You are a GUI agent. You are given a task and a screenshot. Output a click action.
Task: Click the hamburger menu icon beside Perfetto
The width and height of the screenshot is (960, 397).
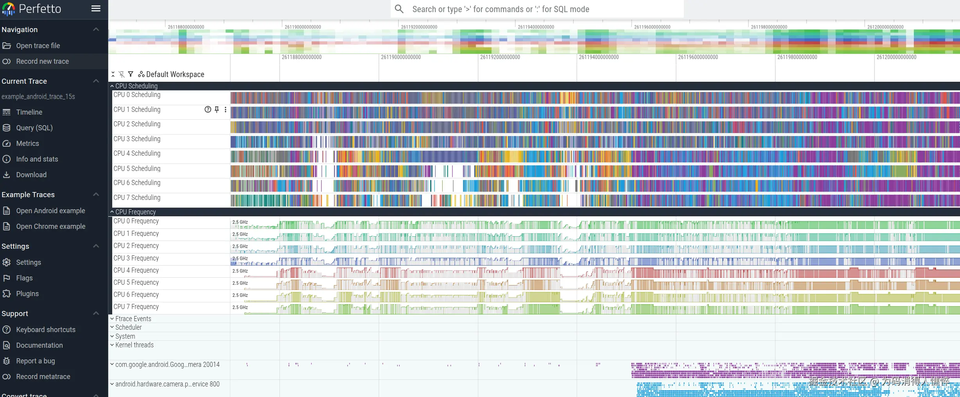pos(96,9)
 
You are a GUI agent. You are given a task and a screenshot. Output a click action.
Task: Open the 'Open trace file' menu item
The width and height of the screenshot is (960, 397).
pos(38,46)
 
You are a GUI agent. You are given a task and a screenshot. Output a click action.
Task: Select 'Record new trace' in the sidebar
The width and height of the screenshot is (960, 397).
pos(42,61)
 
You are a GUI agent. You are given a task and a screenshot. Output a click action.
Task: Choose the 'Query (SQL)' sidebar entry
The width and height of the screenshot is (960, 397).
pos(34,128)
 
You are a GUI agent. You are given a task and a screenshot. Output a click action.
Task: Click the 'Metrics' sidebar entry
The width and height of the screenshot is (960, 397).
pos(27,144)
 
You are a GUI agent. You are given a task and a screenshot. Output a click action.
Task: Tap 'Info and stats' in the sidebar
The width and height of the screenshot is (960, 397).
pos(37,159)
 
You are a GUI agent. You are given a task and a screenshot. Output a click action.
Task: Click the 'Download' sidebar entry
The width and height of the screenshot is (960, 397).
pos(31,175)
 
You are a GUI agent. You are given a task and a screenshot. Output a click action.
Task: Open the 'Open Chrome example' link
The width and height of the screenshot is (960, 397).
pos(50,226)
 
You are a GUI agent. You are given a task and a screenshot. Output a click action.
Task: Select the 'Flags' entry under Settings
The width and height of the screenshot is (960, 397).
pos(24,278)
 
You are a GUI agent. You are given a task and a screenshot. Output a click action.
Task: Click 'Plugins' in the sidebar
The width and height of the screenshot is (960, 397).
pos(27,294)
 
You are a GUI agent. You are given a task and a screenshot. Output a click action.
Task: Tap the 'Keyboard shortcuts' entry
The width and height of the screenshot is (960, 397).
pos(45,330)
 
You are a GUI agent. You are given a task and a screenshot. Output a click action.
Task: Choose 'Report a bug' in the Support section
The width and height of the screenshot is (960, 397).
pos(35,361)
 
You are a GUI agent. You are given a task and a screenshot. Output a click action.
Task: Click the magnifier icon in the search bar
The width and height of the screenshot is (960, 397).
pos(399,9)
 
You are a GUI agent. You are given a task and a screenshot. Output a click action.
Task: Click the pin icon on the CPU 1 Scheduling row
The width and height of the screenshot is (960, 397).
pos(217,110)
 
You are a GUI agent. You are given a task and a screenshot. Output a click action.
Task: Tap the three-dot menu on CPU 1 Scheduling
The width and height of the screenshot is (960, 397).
pos(225,110)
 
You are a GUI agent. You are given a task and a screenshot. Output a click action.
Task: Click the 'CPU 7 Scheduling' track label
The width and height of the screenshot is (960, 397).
pos(137,198)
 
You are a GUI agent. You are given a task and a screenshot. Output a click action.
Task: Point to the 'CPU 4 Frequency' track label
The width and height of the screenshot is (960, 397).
pos(136,270)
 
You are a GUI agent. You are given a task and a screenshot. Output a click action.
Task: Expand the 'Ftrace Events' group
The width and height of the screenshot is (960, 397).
pos(133,319)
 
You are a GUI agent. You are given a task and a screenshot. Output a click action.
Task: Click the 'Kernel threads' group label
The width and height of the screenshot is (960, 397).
pos(134,345)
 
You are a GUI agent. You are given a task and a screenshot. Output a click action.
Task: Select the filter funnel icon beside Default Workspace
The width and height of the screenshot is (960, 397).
pos(131,74)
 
